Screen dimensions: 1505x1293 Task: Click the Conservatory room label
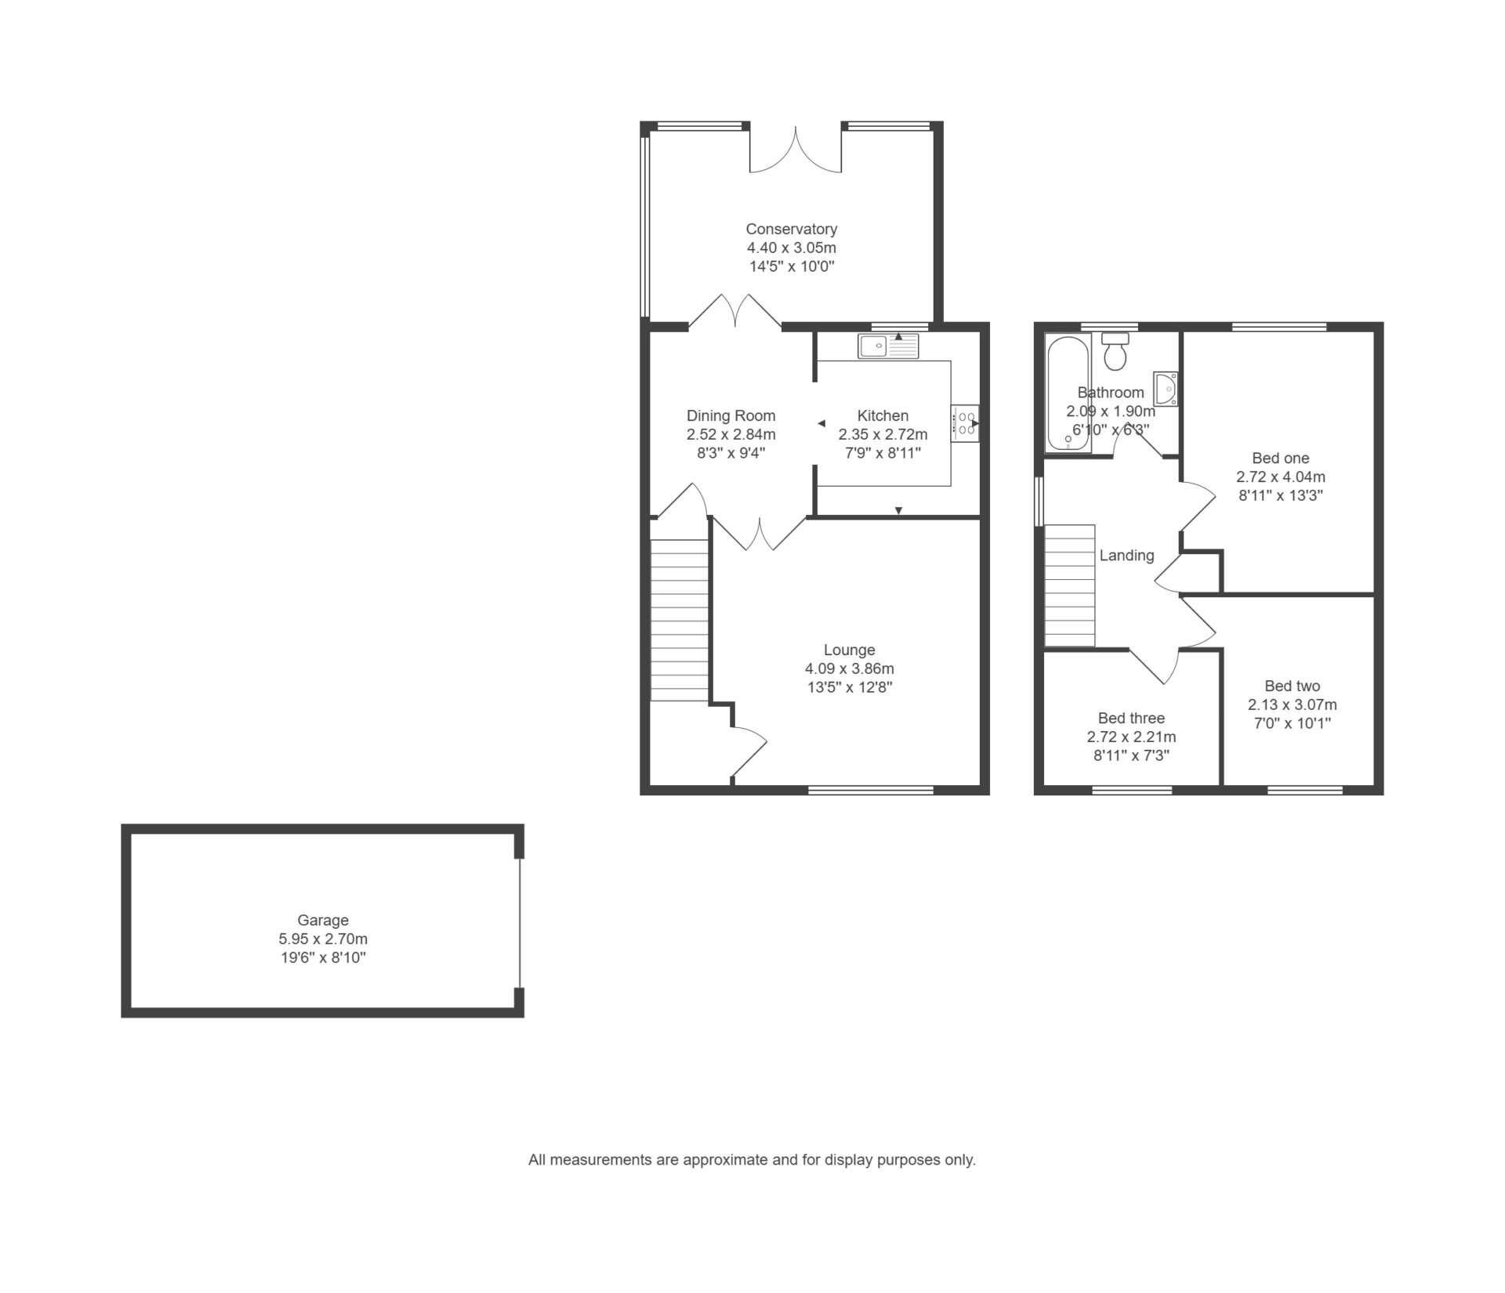[x=791, y=229]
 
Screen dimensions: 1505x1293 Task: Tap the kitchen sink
[x=888, y=346]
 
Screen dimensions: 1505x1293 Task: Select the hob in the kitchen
[x=965, y=423]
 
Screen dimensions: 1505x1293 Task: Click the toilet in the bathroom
[x=1114, y=351]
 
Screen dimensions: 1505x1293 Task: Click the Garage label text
[x=323, y=921]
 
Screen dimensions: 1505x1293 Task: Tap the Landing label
[x=1126, y=556]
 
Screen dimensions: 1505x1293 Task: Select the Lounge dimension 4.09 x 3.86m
[x=849, y=669]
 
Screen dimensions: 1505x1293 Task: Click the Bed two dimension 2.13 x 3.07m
[x=1293, y=704]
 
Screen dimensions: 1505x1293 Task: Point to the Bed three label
[x=1131, y=718]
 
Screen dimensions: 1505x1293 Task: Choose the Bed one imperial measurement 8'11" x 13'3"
[x=1281, y=495]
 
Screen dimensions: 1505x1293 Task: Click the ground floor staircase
[x=680, y=621]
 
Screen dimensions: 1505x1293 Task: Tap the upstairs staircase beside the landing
[x=1070, y=585]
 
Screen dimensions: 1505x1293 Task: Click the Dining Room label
[x=731, y=416]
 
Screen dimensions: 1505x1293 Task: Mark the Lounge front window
[x=871, y=790]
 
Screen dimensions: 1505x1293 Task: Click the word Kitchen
[x=883, y=416]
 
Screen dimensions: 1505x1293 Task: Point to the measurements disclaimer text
[x=752, y=1160]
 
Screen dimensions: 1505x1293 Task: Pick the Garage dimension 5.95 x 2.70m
[x=323, y=939]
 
